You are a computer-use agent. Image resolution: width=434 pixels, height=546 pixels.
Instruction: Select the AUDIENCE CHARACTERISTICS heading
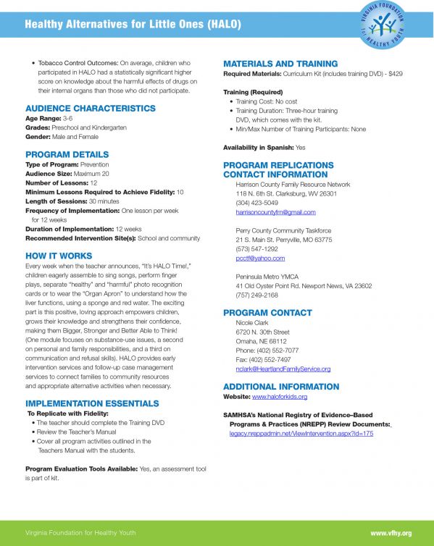click(x=90, y=108)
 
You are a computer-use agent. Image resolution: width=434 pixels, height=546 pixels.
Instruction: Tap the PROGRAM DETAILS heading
click(x=67, y=154)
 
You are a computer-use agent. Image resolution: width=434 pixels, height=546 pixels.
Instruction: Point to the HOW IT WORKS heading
click(x=59, y=256)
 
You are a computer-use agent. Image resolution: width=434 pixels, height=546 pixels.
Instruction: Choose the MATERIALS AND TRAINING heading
click(x=280, y=64)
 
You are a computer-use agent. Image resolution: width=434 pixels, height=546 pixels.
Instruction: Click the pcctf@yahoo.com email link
click(x=260, y=258)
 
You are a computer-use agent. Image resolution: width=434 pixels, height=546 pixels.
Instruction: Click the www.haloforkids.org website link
click(x=280, y=397)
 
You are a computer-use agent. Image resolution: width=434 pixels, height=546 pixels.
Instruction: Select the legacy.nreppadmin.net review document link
click(x=301, y=433)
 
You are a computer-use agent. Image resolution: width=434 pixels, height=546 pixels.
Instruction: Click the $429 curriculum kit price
click(x=395, y=74)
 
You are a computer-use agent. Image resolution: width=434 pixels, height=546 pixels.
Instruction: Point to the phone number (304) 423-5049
click(x=257, y=203)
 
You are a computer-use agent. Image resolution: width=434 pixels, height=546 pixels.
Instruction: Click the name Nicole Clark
click(x=252, y=323)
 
